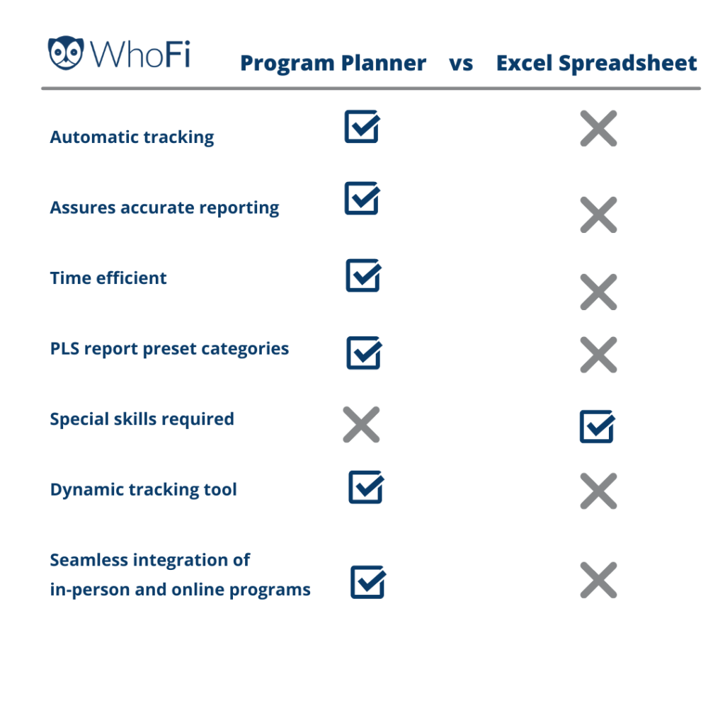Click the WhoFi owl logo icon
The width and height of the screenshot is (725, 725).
coord(66,52)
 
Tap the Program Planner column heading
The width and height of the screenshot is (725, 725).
coord(333,64)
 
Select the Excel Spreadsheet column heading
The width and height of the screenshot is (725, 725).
coord(596,63)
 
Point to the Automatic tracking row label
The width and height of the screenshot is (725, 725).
coord(132,137)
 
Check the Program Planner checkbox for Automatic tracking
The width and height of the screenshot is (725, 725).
coord(362,126)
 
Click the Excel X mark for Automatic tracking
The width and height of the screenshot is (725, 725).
coord(598,128)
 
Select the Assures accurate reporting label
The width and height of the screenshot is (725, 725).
coord(164,208)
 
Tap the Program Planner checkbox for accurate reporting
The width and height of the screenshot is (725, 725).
coord(362,198)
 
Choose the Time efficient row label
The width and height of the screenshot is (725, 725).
coord(108,278)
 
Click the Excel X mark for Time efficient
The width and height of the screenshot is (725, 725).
coord(598,292)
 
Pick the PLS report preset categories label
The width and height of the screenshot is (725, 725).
coord(169,348)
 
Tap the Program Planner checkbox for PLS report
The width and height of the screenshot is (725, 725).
coord(365,353)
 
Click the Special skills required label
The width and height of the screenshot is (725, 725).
coord(142,419)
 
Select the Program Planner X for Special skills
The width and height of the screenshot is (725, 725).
coord(361,425)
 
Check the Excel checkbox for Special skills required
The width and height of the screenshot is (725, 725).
coord(598,426)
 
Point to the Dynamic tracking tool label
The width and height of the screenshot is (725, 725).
coord(143,490)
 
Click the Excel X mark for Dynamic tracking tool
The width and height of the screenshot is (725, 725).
coord(598,491)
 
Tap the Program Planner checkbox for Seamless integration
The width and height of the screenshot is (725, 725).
coord(368,582)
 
